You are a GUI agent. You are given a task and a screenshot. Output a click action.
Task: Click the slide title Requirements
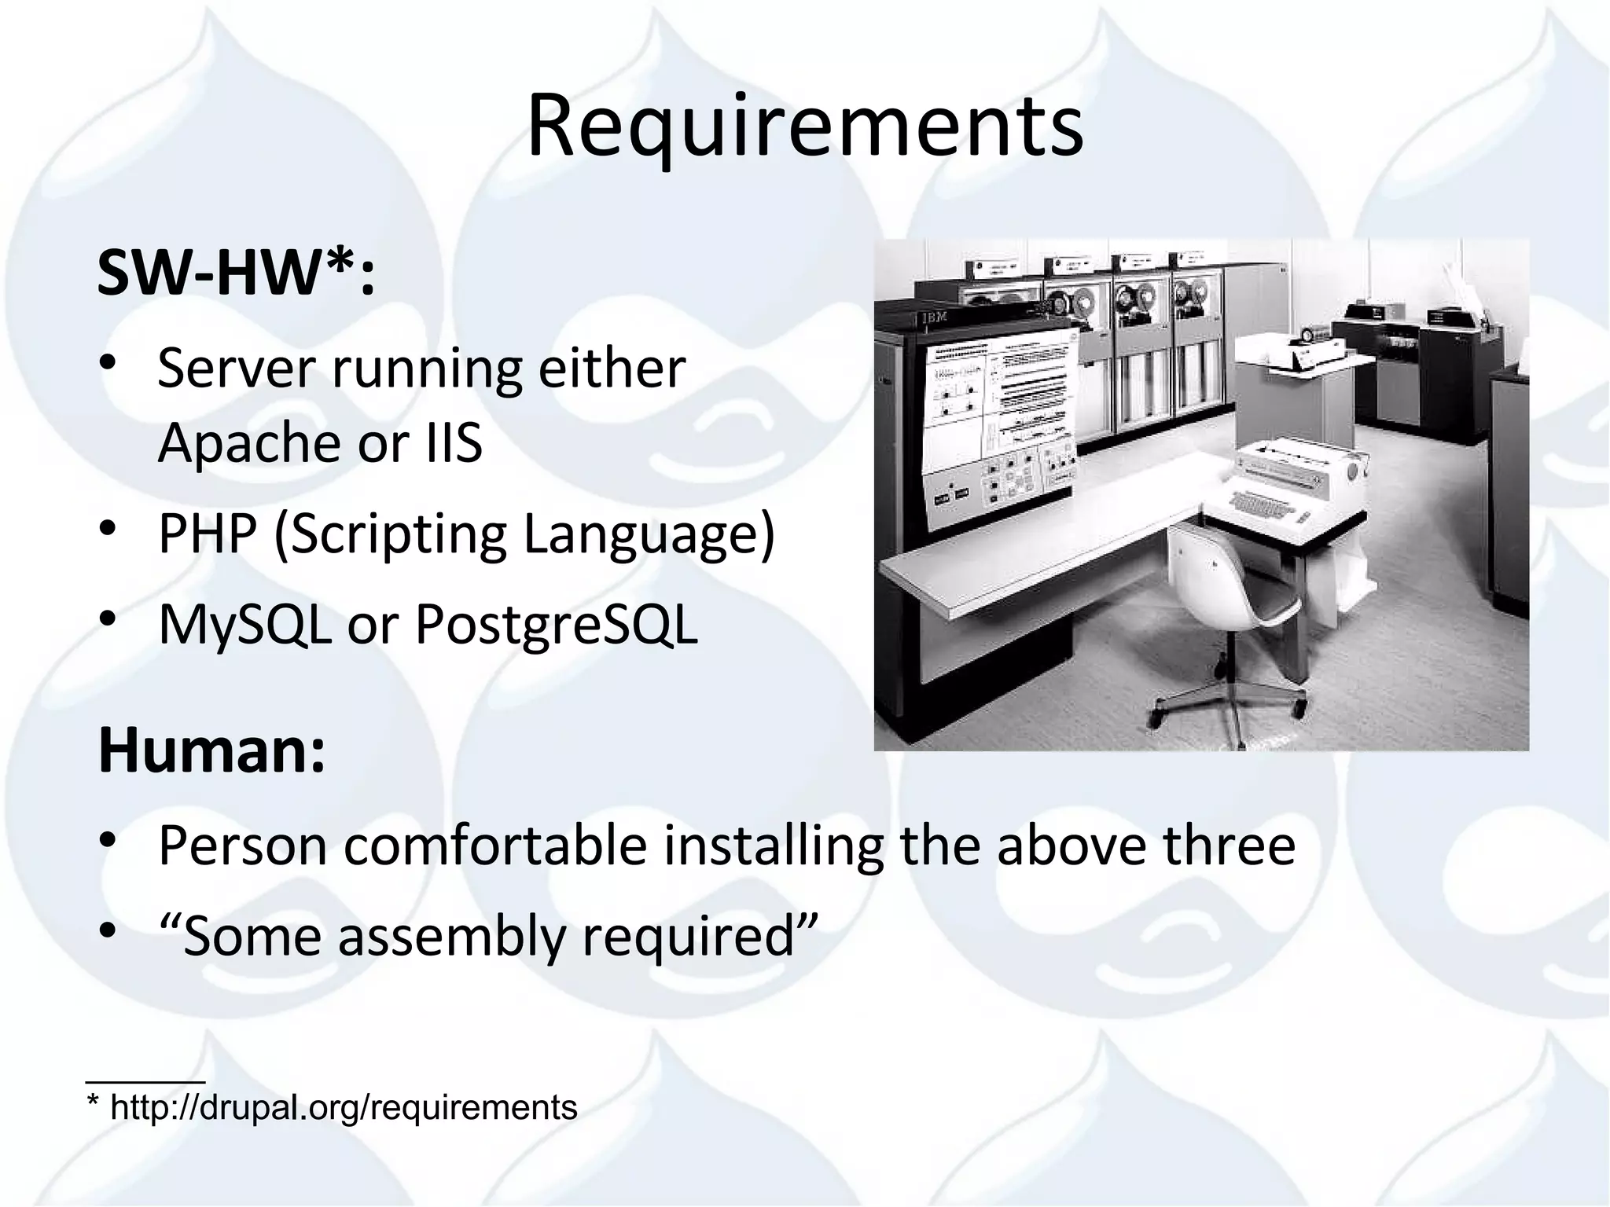click(x=805, y=126)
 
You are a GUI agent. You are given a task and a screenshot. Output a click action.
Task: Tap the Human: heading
click(x=211, y=751)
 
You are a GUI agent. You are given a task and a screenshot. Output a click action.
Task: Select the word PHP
click(x=208, y=534)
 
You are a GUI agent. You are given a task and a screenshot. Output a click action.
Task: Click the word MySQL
click(x=244, y=626)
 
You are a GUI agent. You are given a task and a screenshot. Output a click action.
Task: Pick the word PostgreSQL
click(x=556, y=626)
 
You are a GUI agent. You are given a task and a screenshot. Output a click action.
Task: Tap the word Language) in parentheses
click(x=649, y=534)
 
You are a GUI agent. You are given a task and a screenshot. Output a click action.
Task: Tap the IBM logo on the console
click(x=935, y=317)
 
